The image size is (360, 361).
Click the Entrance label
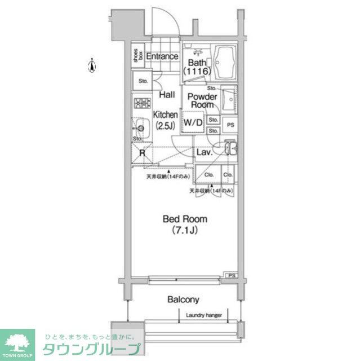(x=162, y=56)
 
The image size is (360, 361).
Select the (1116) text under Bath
(x=197, y=72)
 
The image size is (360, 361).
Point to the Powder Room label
(x=201, y=100)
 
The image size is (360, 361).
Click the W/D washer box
(x=193, y=122)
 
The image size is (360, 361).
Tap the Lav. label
(x=203, y=152)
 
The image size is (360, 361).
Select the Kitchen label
(x=165, y=115)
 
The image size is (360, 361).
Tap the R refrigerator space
(x=143, y=152)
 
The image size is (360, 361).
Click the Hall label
(x=165, y=95)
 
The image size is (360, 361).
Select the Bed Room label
(x=185, y=219)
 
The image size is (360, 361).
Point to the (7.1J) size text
(x=185, y=230)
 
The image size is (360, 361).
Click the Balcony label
(x=183, y=300)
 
